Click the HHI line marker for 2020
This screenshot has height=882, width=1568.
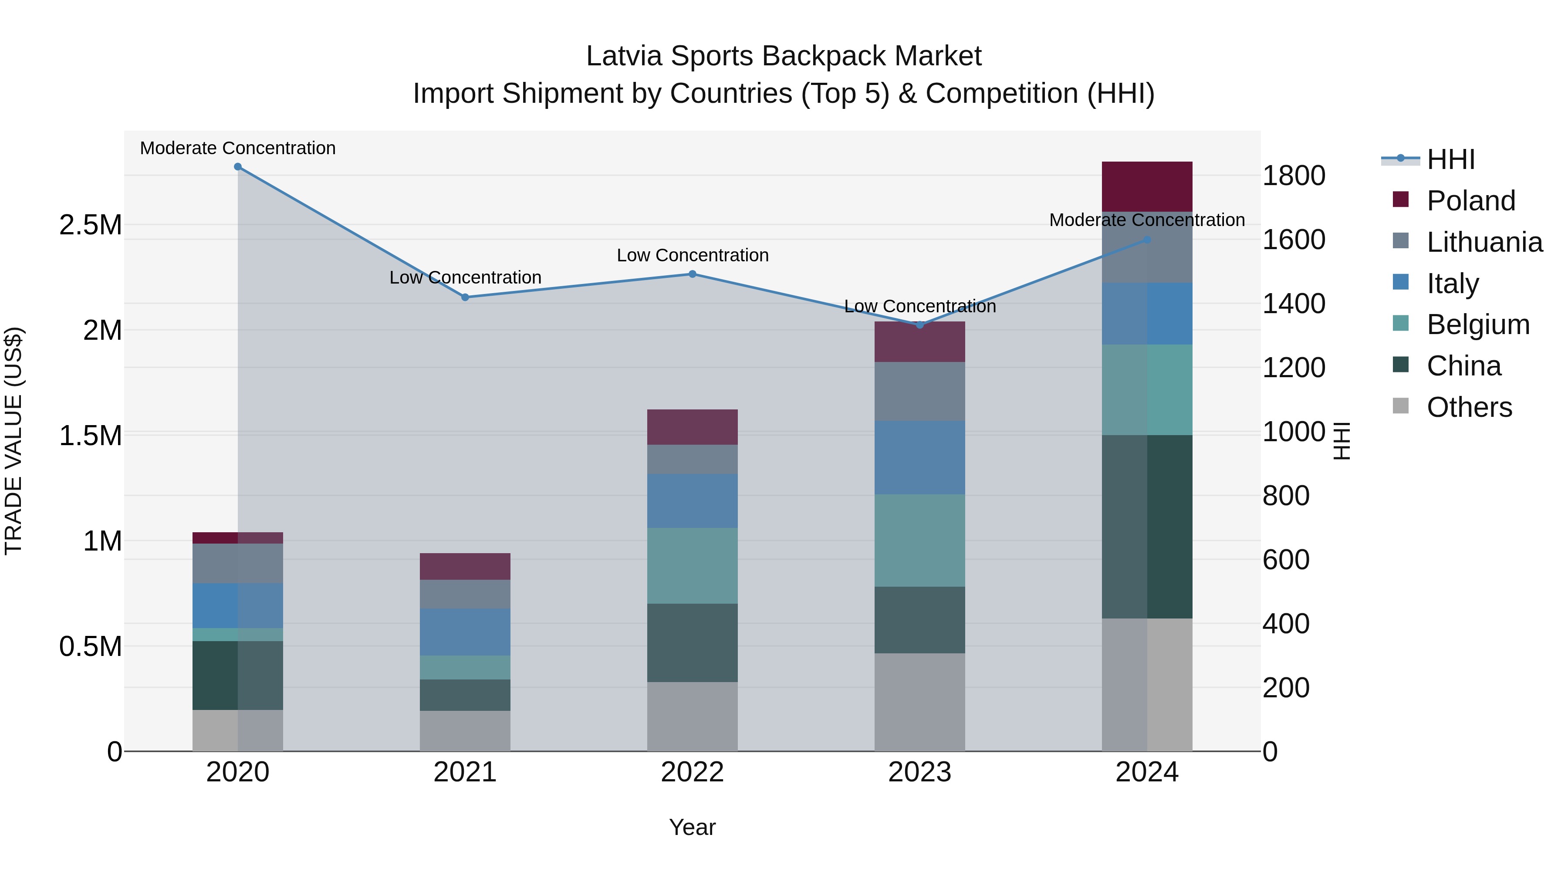click(238, 167)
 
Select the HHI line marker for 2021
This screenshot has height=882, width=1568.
click(465, 297)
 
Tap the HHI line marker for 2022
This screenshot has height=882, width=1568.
click(692, 274)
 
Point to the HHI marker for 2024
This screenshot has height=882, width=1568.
click(1147, 240)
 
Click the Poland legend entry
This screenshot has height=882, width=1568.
click(1470, 201)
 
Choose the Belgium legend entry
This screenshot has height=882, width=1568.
click(1478, 324)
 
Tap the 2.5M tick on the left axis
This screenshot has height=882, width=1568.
click(90, 225)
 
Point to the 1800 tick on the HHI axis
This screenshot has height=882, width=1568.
click(1294, 176)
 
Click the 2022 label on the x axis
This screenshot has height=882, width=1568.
click(692, 772)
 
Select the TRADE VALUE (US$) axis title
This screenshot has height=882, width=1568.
click(14, 441)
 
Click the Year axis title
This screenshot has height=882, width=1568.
click(692, 827)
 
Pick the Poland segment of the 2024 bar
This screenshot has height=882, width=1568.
click(1147, 187)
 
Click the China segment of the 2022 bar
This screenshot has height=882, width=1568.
click(692, 643)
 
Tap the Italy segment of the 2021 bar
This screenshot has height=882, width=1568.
click(465, 632)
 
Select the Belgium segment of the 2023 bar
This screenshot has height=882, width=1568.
click(920, 541)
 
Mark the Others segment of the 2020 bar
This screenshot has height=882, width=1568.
click(238, 730)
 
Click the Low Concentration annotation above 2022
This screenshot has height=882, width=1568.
click(693, 256)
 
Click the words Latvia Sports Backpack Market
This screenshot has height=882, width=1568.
click(784, 56)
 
